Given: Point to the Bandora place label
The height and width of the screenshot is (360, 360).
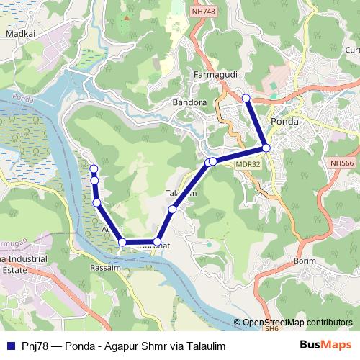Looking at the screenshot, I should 189,103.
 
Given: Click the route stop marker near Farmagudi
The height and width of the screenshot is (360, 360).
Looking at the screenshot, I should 246,98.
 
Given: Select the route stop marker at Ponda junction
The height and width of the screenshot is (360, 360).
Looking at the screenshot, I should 266,148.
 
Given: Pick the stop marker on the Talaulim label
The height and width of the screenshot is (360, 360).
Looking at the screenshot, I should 172,209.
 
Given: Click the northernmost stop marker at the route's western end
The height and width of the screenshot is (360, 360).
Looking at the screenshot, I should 93,168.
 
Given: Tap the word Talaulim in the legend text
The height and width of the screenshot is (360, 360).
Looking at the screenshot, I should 204,346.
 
